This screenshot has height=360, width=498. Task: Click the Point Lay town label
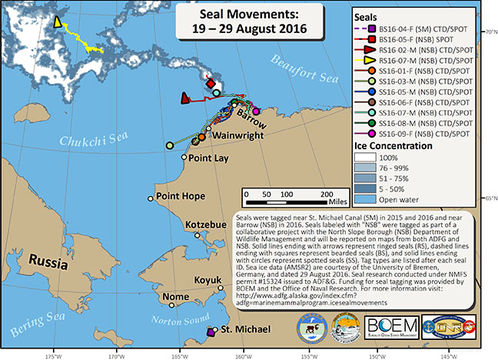[211, 158]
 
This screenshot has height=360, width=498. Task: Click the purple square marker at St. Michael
[211, 332]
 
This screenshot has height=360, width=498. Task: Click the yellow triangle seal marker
[59, 24]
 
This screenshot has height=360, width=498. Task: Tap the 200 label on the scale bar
[326, 194]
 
